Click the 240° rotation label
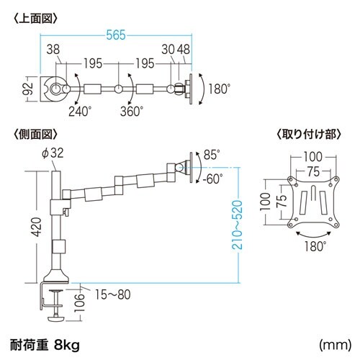[81, 111]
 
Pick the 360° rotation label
[132, 111]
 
